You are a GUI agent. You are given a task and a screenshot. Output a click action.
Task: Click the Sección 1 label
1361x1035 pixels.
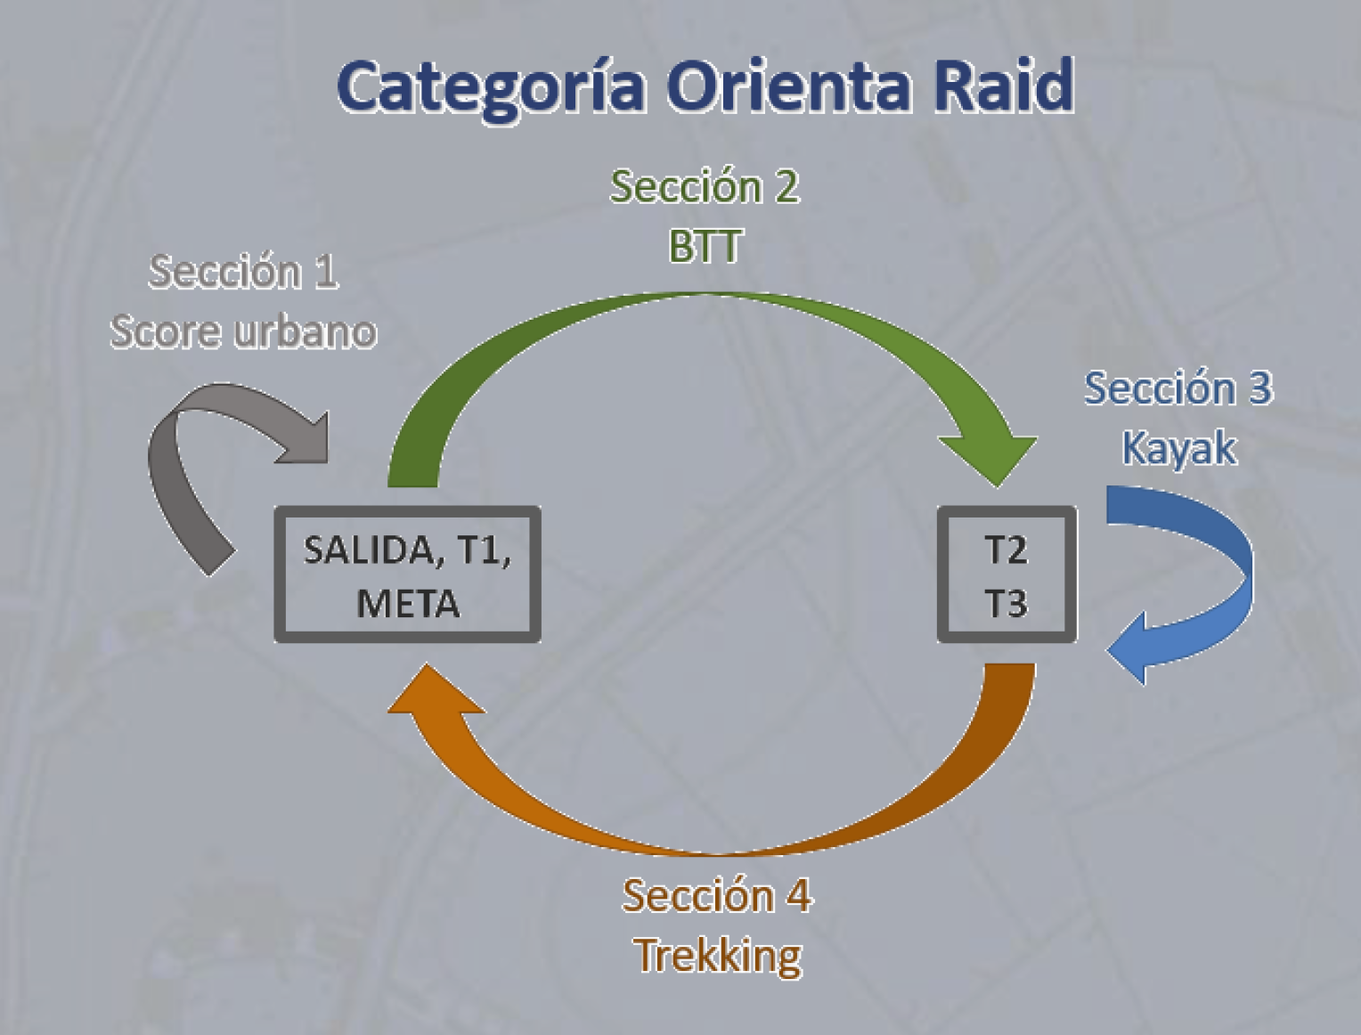point(243,272)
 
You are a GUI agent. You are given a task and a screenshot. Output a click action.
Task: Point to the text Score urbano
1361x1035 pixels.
point(243,331)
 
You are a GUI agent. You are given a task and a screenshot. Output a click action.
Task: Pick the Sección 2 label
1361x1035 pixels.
point(705,187)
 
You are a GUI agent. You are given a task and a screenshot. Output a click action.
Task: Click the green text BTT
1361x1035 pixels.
point(705,246)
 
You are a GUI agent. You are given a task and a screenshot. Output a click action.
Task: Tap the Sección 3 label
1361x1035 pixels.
point(1178,388)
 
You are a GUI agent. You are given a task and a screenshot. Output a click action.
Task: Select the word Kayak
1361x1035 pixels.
point(1178,447)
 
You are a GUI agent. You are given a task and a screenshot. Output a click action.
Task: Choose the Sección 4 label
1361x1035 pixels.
point(717,895)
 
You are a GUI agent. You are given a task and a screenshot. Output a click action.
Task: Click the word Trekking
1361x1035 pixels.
point(718,956)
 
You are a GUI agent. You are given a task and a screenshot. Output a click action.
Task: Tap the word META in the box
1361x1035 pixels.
point(408,604)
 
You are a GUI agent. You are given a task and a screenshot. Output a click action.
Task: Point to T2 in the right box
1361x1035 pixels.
point(1006,550)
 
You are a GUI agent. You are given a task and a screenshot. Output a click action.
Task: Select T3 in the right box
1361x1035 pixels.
point(1006,604)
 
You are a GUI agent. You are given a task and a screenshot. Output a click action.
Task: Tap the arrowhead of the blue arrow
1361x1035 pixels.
point(1131,649)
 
